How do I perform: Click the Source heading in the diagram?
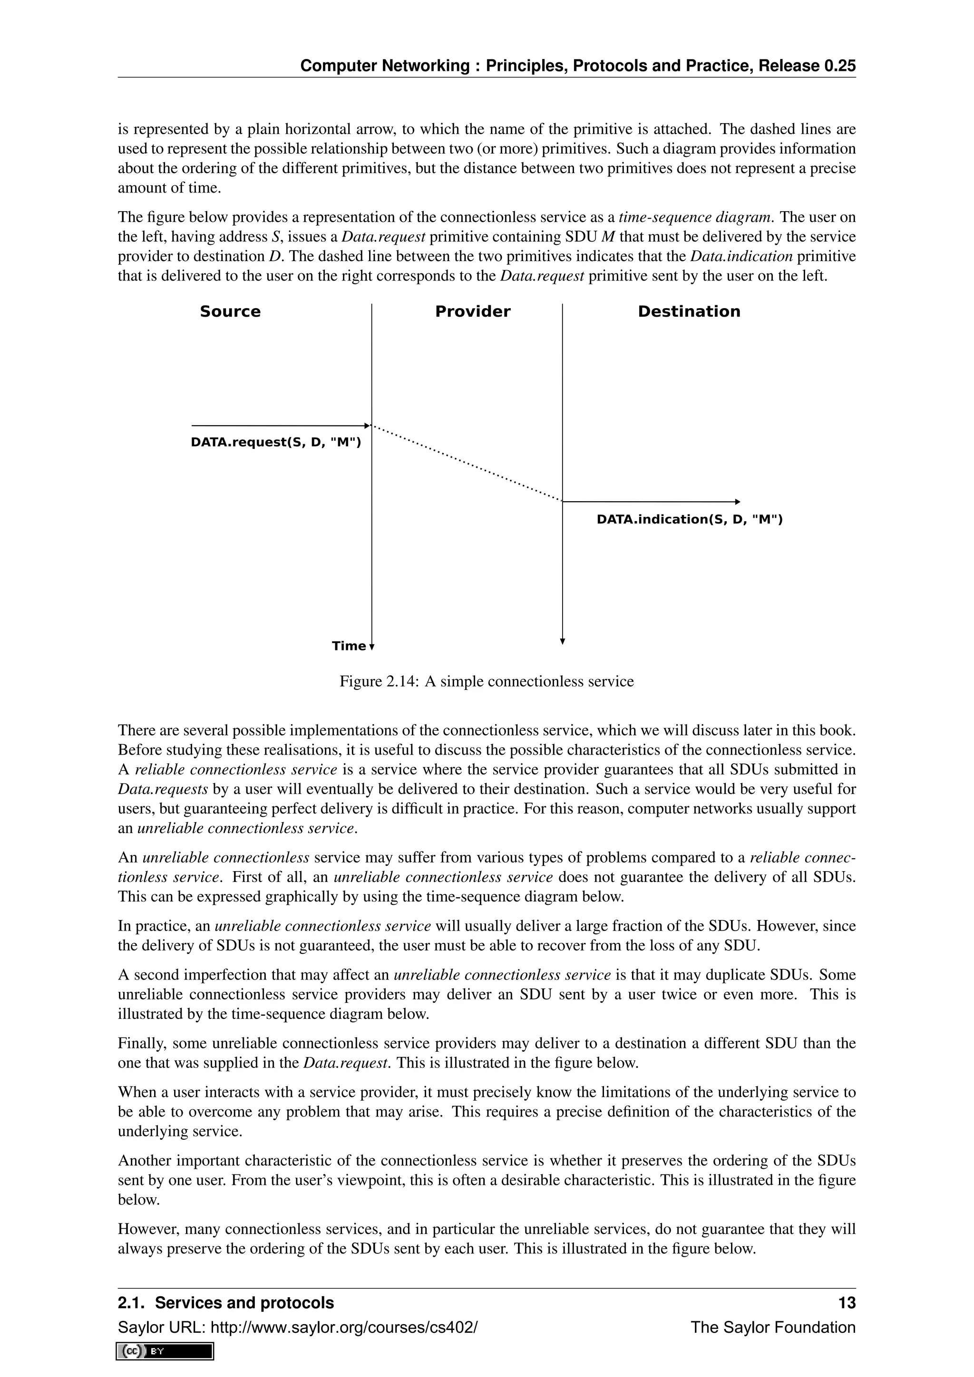tap(230, 311)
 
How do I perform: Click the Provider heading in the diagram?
tap(473, 311)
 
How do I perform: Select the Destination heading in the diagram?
tap(689, 311)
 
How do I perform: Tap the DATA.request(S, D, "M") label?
tap(276, 443)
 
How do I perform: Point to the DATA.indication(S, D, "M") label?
tap(689, 519)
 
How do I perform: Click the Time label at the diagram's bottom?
tap(349, 646)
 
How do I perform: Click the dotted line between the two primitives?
tap(467, 463)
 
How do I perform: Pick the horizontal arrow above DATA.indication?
tap(651, 501)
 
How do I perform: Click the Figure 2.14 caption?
tap(487, 681)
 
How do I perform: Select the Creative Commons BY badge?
tap(165, 1351)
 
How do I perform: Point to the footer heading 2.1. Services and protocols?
tap(225, 1303)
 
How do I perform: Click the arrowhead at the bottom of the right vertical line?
tap(563, 640)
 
